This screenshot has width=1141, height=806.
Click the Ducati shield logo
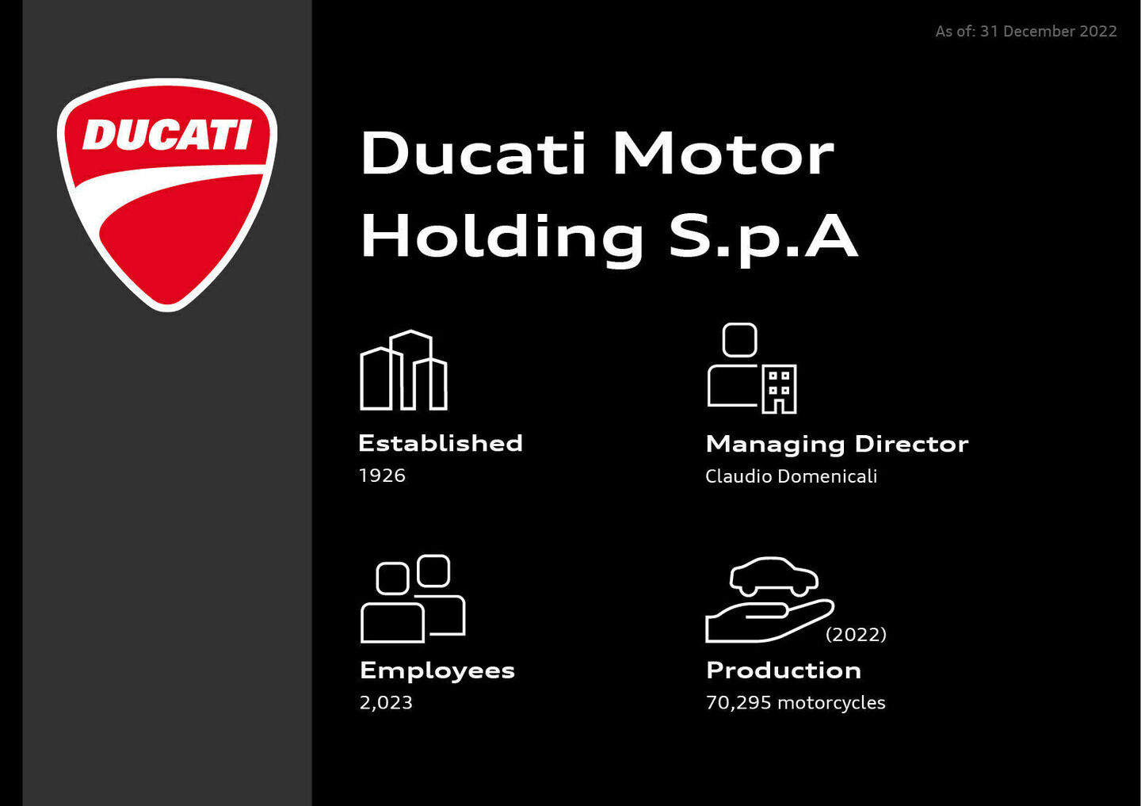tap(167, 194)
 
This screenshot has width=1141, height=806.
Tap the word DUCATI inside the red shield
tap(167, 135)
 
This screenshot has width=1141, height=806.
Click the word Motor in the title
tap(723, 154)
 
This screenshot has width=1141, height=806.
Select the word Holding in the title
tap(502, 236)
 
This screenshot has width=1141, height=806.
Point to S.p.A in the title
tap(763, 236)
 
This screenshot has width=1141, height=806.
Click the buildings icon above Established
tap(404, 370)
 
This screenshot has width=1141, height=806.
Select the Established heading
tap(441, 443)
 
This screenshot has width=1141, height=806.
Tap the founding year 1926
tap(382, 476)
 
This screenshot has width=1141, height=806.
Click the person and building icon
tap(751, 369)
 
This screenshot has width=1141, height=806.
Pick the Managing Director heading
tap(837, 444)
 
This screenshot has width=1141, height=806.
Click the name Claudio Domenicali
tap(791, 476)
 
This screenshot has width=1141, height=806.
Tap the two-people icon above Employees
tap(413, 598)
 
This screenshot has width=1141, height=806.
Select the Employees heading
tap(437, 670)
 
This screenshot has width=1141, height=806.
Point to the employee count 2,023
tap(386, 703)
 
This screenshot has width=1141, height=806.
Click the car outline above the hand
tap(773, 576)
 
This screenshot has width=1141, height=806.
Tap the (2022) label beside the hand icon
tap(856, 634)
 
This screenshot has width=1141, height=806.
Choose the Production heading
tap(784, 670)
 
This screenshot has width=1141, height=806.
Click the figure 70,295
tap(738, 703)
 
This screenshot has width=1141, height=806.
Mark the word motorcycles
tap(831, 703)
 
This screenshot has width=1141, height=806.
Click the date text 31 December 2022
tap(1048, 32)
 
